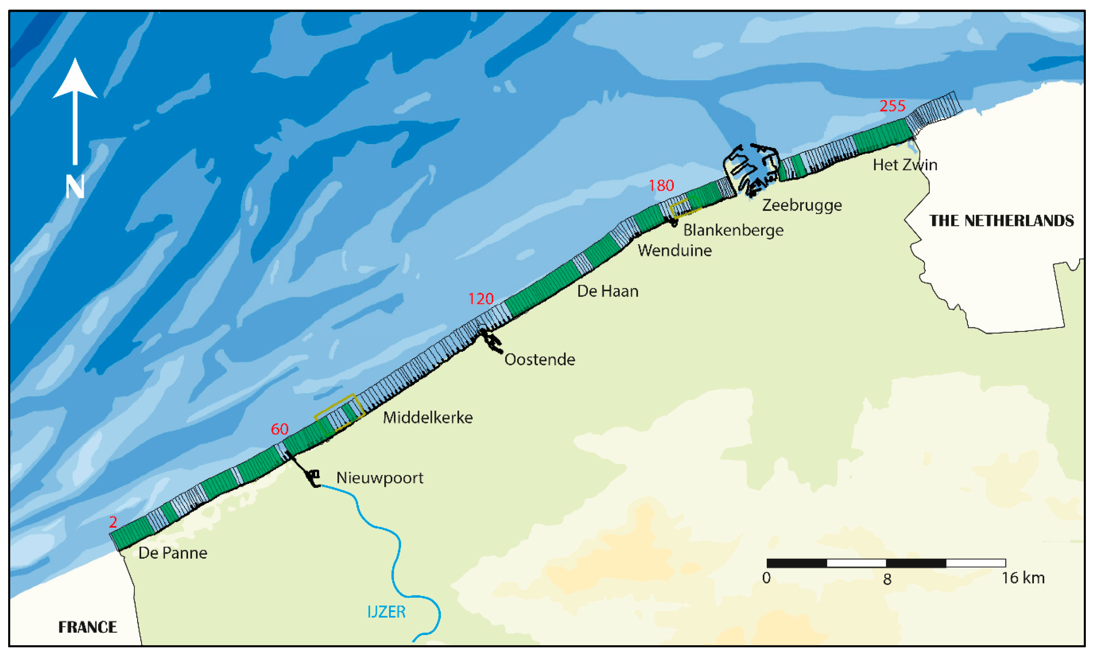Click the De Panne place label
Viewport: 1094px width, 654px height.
(173, 553)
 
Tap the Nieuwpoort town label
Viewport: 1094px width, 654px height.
(380, 478)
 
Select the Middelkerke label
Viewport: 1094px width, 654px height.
(428, 417)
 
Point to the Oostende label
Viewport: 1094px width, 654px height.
(539, 360)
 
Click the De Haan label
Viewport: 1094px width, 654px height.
(608, 291)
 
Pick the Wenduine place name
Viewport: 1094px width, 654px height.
(675, 250)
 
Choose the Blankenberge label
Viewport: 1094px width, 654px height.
(733, 230)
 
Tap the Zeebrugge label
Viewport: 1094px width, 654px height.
(802, 205)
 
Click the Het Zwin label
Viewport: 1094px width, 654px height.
(905, 165)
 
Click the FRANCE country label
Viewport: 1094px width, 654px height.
(88, 627)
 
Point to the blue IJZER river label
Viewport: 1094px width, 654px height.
(386, 612)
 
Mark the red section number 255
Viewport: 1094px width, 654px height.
(892, 106)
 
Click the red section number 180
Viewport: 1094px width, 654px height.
(661, 185)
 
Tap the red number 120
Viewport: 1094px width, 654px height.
(481, 299)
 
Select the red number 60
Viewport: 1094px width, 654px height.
(279, 429)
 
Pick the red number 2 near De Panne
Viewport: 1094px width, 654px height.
(113, 522)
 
